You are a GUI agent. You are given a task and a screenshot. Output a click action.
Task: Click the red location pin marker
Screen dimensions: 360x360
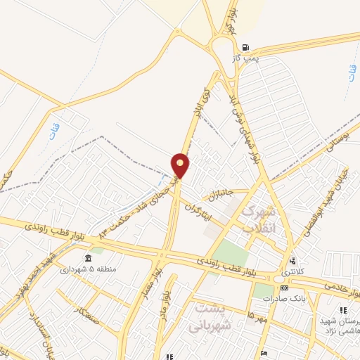pos(181,165)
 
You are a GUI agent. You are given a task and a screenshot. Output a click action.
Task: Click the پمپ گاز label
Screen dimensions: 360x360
pos(246,59)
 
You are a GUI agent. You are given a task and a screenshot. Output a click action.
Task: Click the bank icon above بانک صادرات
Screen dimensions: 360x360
pos(283,288)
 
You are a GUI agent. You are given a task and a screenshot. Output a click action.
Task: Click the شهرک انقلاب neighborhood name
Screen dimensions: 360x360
pos(261,219)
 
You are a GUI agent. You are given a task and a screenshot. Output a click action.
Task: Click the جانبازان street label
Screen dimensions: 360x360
pos(216,192)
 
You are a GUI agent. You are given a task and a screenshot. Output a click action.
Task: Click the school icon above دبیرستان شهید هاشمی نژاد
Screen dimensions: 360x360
pos(343,310)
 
